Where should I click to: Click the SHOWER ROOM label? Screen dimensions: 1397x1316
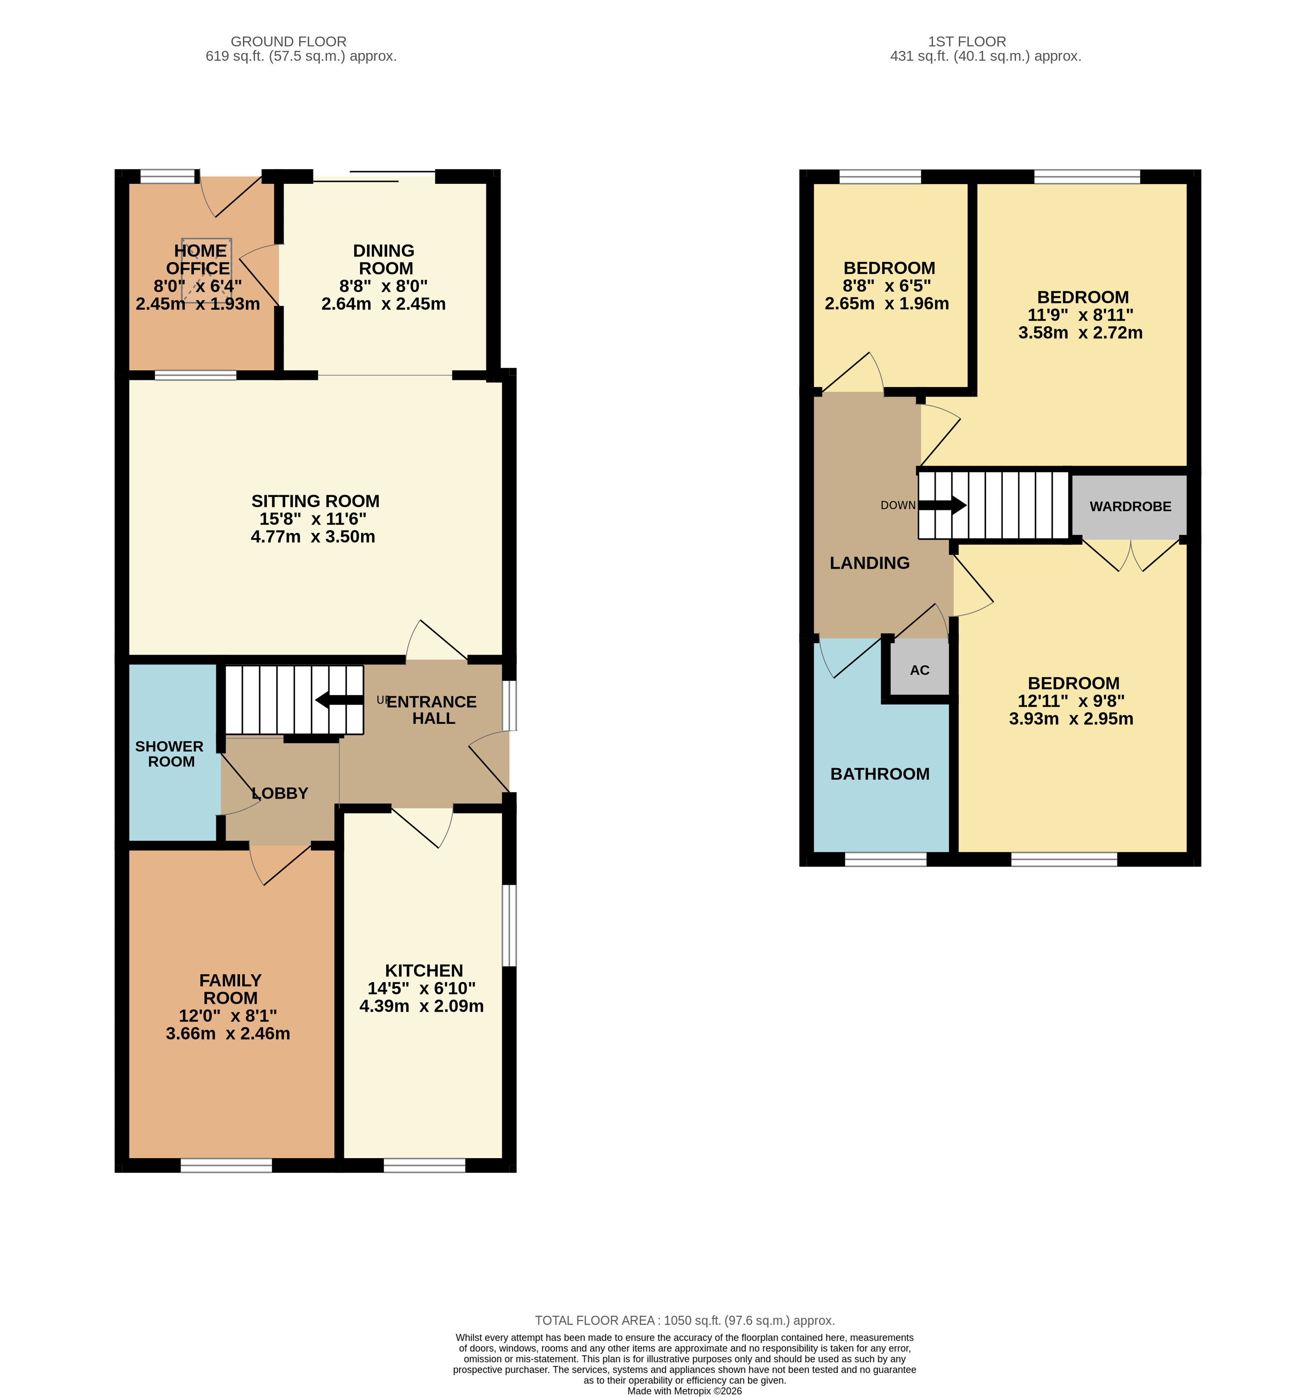[170, 754]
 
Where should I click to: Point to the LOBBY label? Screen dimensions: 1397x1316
[280, 793]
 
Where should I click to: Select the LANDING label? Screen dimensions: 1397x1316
[869, 563]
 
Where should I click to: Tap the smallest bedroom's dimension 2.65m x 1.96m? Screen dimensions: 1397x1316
[887, 304]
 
